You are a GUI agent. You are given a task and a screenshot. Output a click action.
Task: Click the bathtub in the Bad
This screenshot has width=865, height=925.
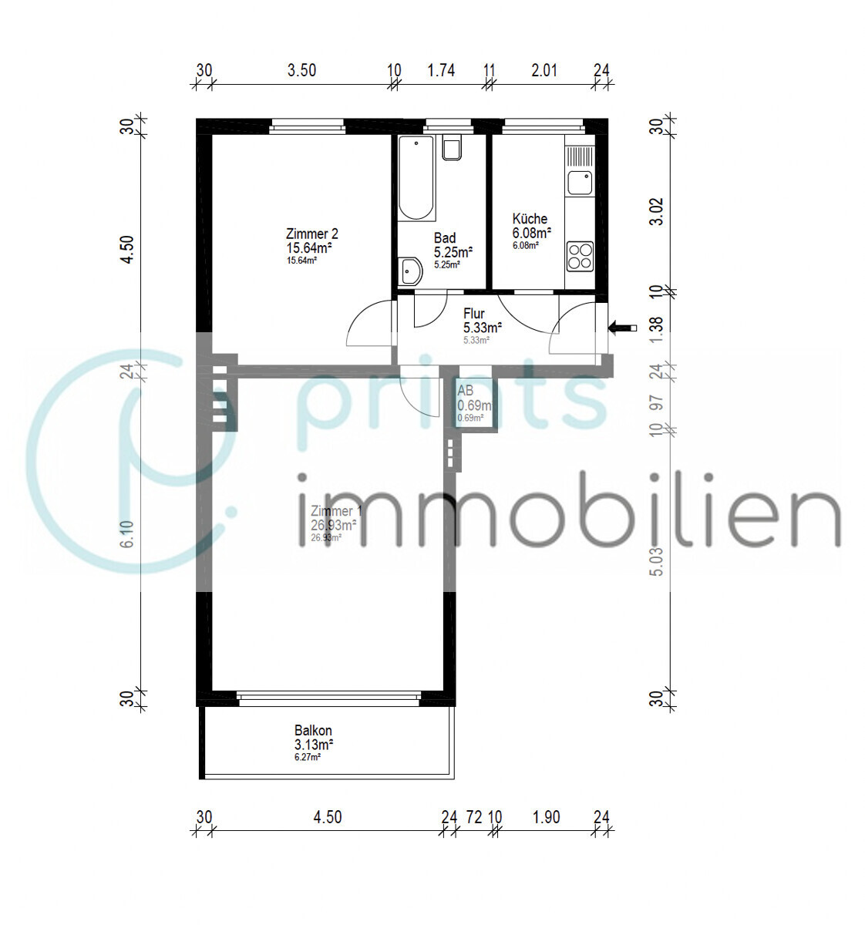[x=416, y=177]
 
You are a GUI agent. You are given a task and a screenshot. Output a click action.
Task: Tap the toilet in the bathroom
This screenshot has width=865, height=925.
[x=452, y=147]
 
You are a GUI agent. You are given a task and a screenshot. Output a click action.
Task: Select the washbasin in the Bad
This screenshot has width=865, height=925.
[x=410, y=271]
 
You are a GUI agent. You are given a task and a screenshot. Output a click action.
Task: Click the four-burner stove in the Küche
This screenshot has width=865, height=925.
[x=580, y=256]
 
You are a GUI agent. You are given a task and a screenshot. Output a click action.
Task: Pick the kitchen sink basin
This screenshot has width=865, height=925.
[x=579, y=183]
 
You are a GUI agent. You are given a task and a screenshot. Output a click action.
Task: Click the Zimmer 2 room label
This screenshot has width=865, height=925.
[x=311, y=234]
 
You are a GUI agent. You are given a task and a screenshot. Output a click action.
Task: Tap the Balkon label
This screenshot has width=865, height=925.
[x=313, y=731]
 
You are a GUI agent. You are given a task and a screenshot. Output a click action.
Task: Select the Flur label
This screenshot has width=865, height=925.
[x=473, y=314]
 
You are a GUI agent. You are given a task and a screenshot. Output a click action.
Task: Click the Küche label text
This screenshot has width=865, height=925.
[x=530, y=219]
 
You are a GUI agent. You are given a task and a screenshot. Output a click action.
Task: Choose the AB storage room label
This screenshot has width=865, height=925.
[x=465, y=391]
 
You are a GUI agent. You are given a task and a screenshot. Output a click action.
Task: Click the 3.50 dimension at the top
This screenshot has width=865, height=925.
[x=301, y=71]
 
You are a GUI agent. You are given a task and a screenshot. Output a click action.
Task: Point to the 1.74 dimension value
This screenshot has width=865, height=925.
[x=441, y=71]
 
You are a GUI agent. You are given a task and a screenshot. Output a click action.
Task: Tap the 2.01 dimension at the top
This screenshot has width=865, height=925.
[x=544, y=71]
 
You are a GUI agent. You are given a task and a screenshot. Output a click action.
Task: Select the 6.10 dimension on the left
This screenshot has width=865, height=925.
[x=128, y=534]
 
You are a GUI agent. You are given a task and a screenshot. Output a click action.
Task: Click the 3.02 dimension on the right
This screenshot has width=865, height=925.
[x=656, y=211]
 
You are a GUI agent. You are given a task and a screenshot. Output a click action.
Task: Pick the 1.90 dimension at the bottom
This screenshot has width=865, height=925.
[x=546, y=817]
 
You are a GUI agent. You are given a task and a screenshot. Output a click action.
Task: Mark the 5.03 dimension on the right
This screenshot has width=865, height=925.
[x=656, y=562]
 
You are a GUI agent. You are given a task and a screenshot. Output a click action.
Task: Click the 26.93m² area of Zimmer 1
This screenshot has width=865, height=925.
[x=333, y=525]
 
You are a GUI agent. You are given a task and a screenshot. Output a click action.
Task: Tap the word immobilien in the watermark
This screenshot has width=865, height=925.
[x=568, y=511]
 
